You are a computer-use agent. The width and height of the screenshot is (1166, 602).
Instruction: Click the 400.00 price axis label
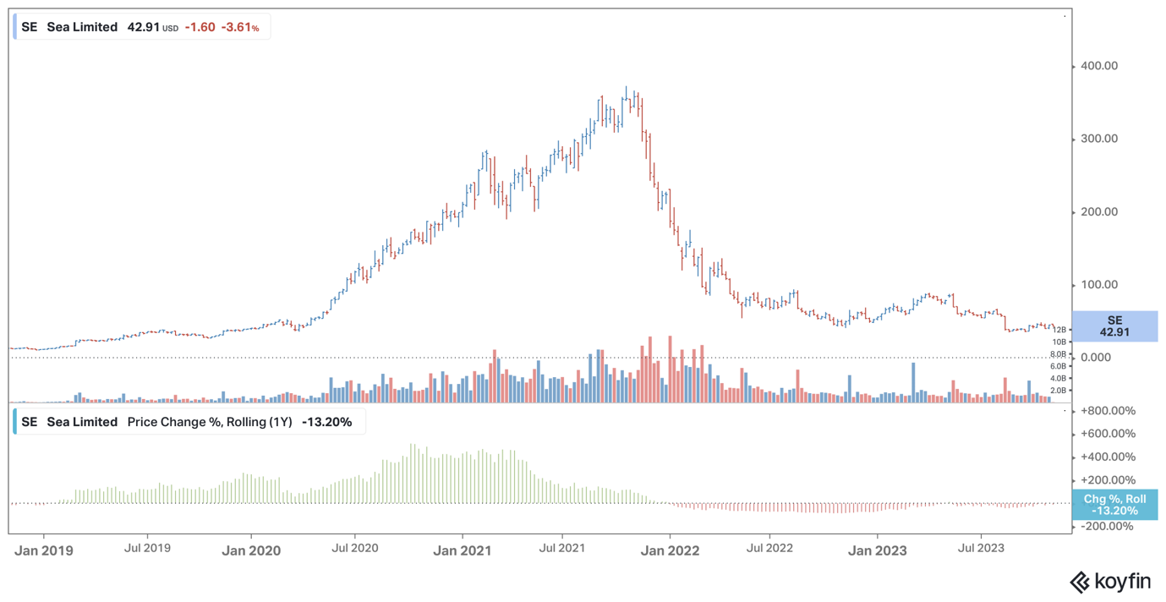pos(1099,66)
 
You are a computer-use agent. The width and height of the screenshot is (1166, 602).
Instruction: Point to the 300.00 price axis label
pos(1099,139)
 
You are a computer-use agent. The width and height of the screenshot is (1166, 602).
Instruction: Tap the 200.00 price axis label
pos(1099,211)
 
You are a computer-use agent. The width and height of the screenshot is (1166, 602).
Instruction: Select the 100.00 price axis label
pos(1099,285)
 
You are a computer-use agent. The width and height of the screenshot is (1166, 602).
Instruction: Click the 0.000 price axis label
pos(1096,358)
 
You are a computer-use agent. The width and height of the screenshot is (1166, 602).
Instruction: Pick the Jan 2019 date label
pos(44,550)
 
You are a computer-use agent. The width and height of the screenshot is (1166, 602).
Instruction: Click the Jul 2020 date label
pos(354,548)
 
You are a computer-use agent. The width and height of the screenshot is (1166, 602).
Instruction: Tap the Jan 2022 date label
pos(670,550)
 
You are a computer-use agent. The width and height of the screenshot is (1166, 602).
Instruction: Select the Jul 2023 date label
pos(981,548)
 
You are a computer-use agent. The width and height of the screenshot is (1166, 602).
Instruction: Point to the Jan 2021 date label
pos(463,550)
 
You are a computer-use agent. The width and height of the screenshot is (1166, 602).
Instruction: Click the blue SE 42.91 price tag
pos(1114,326)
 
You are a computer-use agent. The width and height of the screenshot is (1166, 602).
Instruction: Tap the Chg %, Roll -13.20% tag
pos(1114,505)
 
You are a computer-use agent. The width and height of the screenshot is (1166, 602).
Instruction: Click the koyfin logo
pos(1110,582)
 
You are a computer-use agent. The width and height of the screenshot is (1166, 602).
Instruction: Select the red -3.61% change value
pos(240,27)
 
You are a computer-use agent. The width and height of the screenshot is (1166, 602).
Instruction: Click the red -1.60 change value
pos(200,27)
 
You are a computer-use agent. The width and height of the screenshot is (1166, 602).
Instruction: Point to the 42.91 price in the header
pos(143,27)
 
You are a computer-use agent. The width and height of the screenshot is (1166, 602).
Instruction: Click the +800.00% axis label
pos(1109,411)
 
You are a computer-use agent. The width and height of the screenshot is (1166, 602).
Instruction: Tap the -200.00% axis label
pos(1107,526)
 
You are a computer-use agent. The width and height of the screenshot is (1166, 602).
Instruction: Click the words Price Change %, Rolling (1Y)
pos(210,422)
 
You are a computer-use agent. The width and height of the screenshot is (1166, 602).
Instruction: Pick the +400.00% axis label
pos(1109,457)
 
